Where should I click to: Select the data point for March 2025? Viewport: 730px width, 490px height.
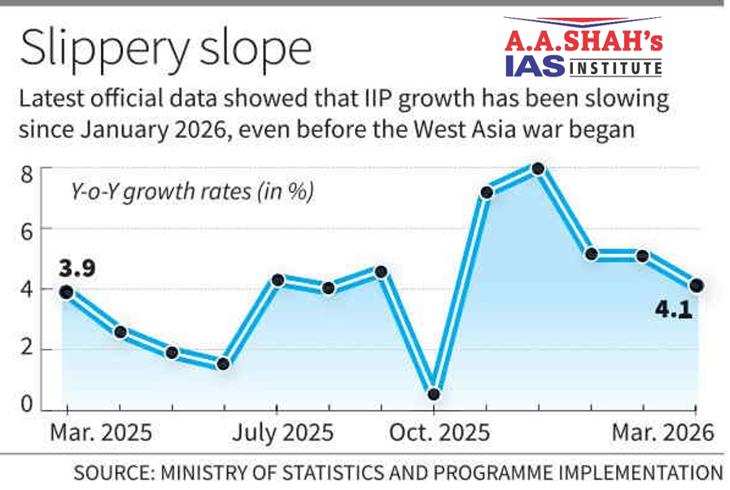click(67, 292)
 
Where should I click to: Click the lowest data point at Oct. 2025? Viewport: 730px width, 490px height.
click(434, 394)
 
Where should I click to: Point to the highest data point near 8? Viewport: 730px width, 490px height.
click(537, 168)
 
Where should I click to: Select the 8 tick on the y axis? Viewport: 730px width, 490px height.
click(27, 173)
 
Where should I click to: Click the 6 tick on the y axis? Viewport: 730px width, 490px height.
click(27, 230)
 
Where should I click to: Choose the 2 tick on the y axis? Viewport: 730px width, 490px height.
click(27, 349)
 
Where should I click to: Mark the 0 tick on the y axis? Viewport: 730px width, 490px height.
click(27, 405)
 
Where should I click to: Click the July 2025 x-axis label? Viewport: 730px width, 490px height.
click(282, 432)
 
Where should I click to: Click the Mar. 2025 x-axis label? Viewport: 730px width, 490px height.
click(102, 432)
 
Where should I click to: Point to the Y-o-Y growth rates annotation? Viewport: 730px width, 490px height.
click(189, 193)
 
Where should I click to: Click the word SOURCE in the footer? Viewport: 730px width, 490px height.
click(116, 473)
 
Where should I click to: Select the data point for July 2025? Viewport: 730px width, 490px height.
click(278, 280)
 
